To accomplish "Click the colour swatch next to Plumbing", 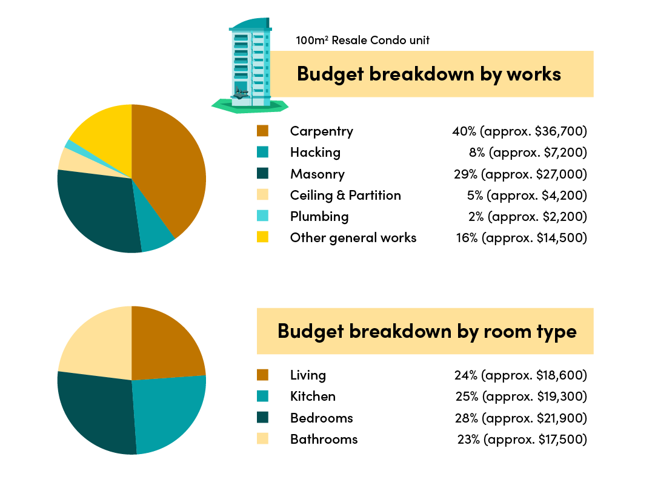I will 262,216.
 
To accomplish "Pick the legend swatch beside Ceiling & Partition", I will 262,195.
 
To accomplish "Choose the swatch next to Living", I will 262,375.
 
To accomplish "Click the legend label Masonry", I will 317,174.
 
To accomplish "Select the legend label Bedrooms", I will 321,418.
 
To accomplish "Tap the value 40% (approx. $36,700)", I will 519,131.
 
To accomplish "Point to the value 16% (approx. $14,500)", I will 521,238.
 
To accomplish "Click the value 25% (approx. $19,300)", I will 520,397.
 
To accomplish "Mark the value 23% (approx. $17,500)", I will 522,440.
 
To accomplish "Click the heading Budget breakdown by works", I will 428,74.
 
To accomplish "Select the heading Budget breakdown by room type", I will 427,331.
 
